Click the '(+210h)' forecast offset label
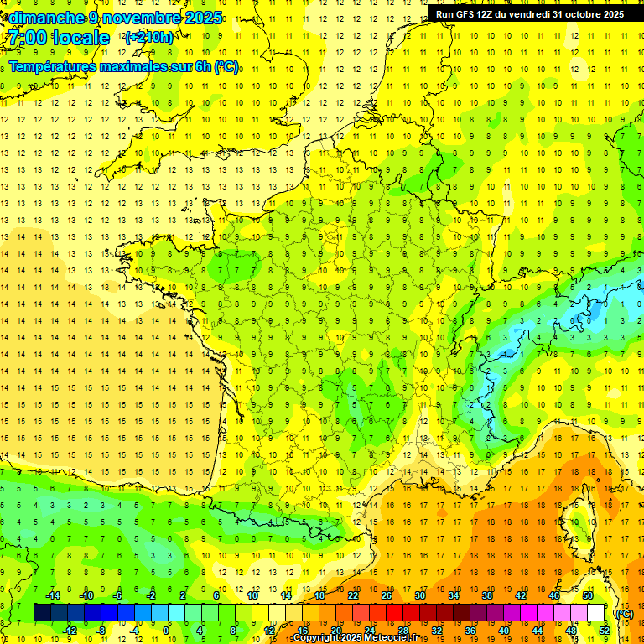149,37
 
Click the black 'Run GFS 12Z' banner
529,13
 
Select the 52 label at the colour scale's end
605,630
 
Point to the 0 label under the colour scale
166,630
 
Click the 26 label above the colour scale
387,595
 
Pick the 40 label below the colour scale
504,630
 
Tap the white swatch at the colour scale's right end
596,613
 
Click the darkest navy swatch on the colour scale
42,613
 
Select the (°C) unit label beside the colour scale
624,613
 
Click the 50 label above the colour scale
588,595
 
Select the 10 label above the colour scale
252,595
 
